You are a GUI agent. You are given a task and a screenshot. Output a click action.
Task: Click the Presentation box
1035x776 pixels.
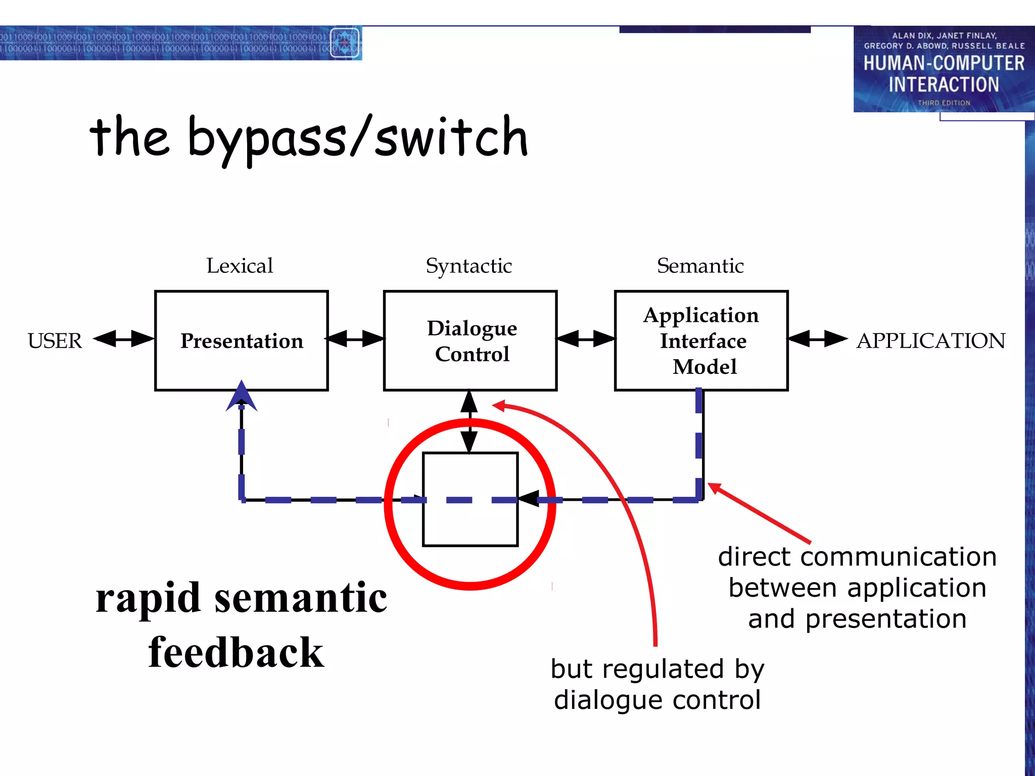tap(242, 341)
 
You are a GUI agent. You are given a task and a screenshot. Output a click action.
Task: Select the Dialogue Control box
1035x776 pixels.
tap(471, 341)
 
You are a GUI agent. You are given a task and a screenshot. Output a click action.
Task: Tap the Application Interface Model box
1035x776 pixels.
tap(701, 341)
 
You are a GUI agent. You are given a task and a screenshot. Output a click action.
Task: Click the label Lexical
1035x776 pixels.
tap(240, 266)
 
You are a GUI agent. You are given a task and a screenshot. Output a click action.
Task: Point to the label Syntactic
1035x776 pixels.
tap(468, 266)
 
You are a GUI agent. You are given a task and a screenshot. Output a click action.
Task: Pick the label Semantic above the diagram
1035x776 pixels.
tap(700, 266)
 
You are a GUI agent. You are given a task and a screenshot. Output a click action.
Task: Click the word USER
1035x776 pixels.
tap(55, 341)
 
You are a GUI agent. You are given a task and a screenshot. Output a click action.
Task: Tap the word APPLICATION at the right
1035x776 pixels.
tap(931, 341)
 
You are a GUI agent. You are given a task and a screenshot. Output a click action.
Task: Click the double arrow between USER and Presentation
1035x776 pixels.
tap(124, 338)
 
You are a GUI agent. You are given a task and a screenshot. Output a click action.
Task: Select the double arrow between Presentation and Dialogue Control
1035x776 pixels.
tap(355, 338)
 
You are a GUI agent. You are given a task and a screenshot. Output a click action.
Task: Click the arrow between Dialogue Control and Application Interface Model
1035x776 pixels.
tap(586, 338)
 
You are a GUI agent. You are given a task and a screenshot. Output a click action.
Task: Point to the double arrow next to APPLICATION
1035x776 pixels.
tap(817, 338)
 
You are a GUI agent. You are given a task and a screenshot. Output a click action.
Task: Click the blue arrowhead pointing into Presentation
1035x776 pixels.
tap(242, 397)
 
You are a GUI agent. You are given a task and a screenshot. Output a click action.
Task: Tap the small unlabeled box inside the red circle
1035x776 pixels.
tap(470, 525)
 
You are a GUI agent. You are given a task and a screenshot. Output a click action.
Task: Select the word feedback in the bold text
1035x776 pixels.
tap(236, 653)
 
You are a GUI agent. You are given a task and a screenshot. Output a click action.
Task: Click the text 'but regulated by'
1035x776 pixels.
tap(657, 669)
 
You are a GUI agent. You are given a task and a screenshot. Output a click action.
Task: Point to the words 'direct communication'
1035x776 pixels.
tap(857, 557)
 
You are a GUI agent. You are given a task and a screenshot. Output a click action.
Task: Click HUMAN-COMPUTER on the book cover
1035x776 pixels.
tap(944, 63)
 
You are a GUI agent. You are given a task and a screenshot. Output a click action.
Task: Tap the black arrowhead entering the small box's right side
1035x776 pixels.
tap(528, 499)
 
